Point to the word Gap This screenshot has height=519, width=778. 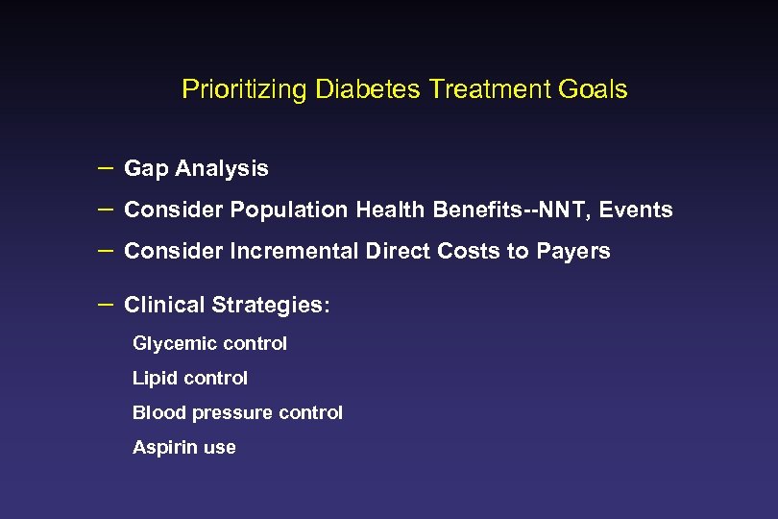click(145, 169)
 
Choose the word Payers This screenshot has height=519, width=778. click(574, 251)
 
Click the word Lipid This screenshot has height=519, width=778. click(153, 379)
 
